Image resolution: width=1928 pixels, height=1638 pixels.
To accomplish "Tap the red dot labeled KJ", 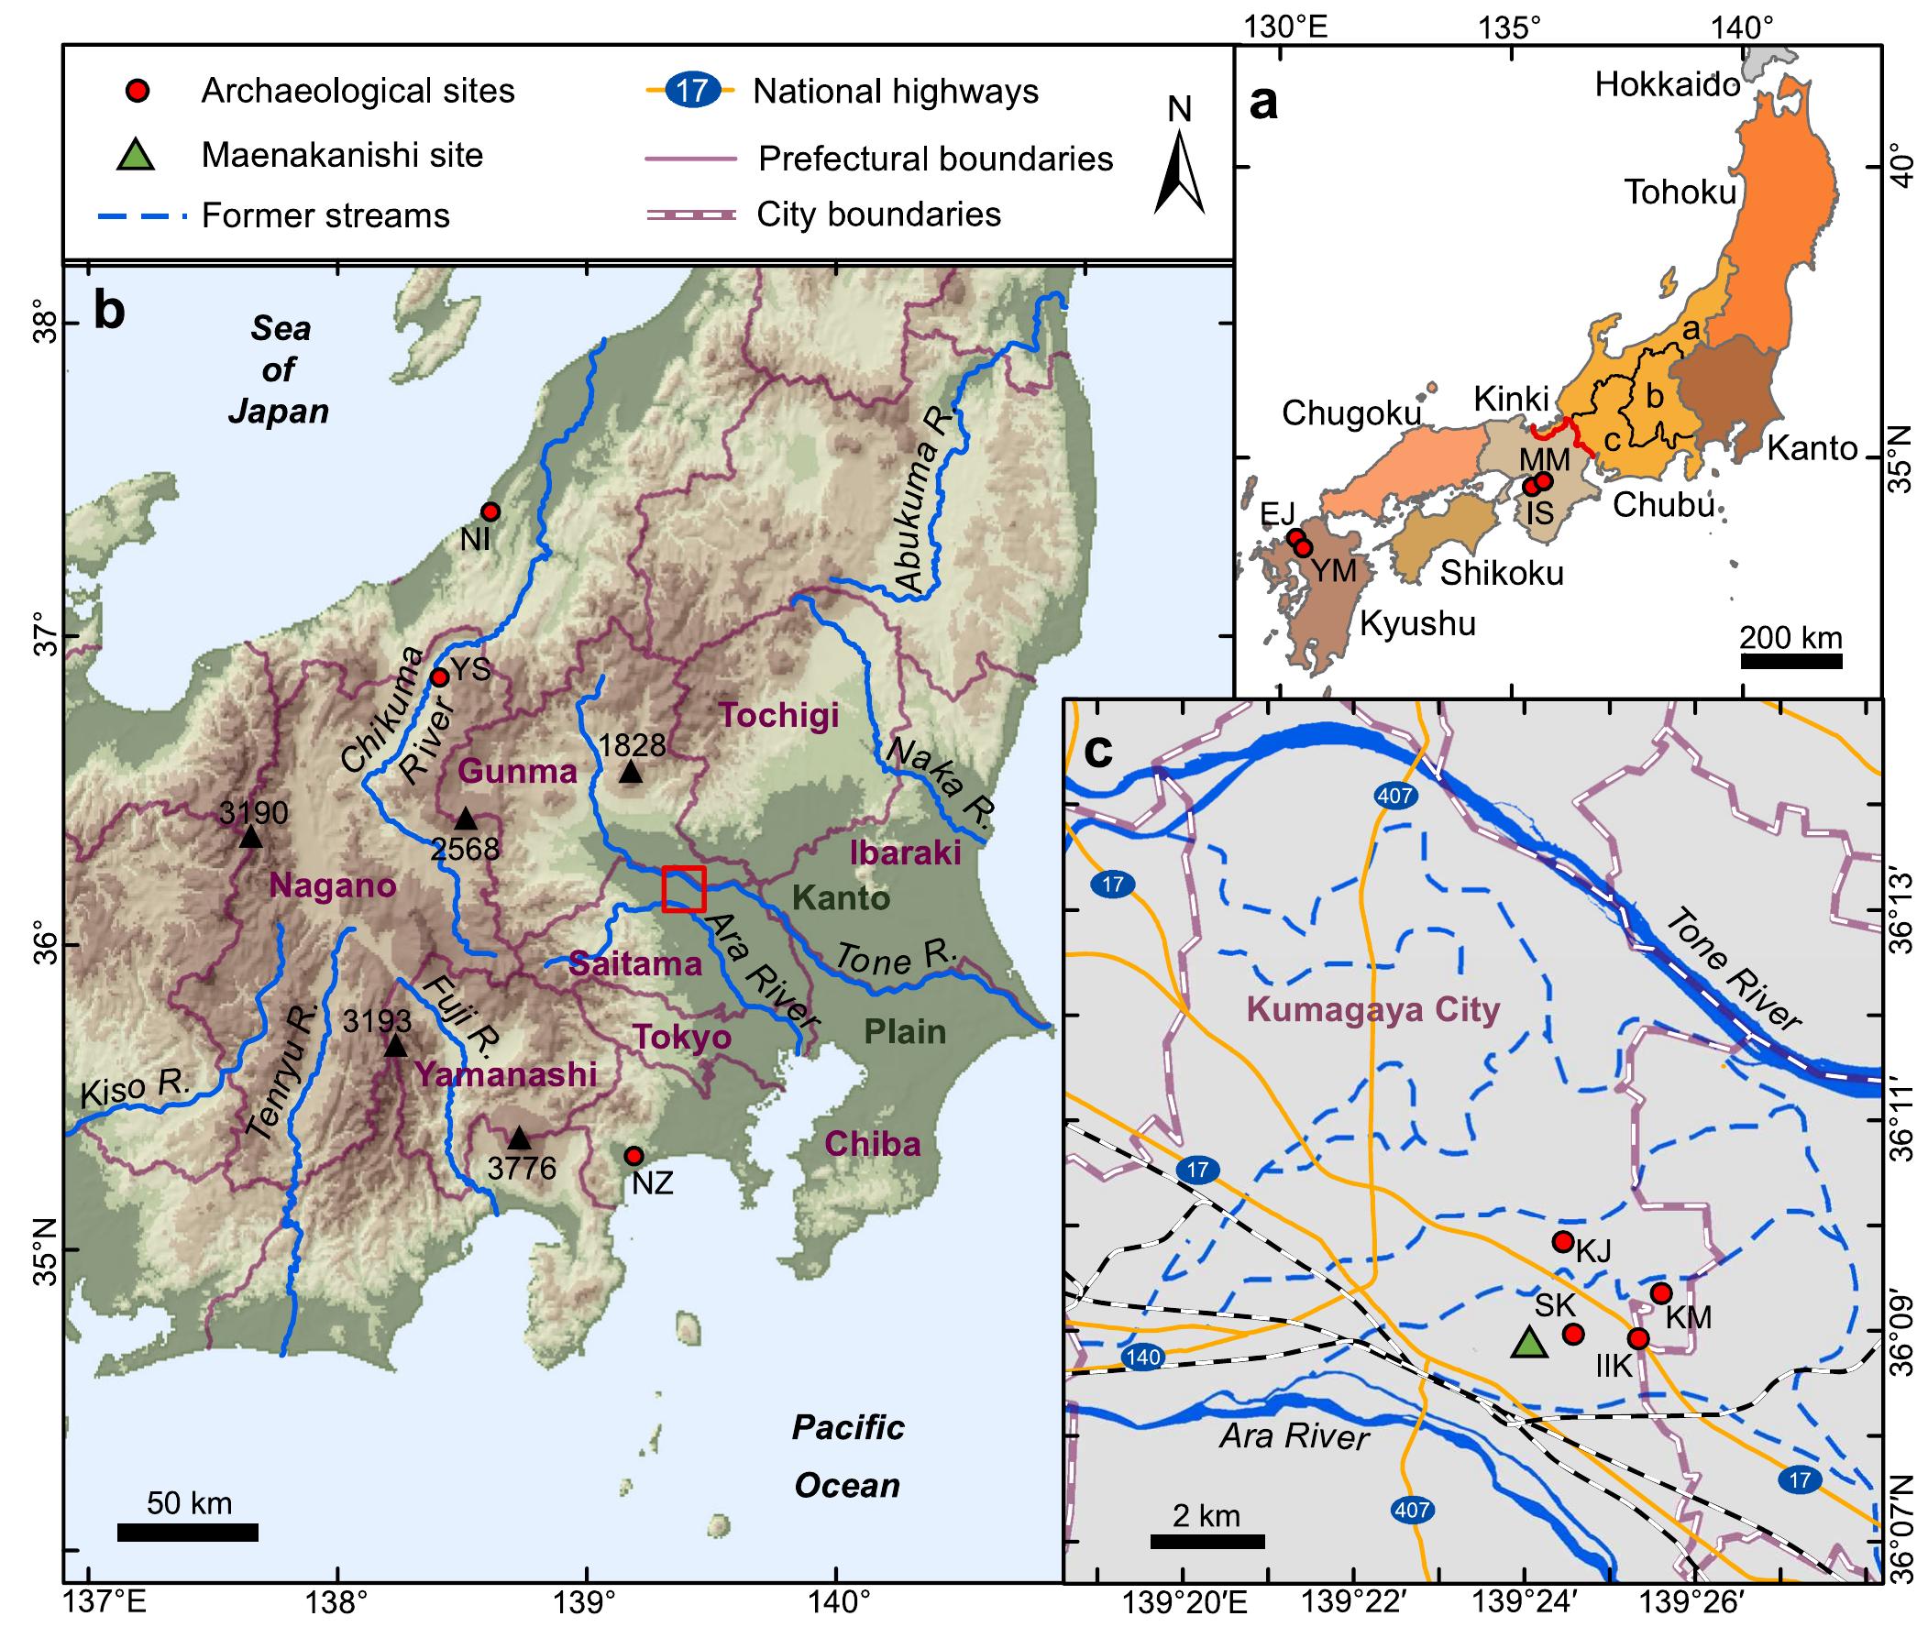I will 1562,1241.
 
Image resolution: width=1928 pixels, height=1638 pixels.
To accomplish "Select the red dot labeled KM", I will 1661,1292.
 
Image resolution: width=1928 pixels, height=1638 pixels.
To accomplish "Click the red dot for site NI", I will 490,511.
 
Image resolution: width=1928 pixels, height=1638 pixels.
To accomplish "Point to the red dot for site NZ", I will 633,1155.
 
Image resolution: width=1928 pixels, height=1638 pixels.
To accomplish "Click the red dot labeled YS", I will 439,677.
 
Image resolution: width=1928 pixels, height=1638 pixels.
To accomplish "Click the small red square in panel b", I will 685,888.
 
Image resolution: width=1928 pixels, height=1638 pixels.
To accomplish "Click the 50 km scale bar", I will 188,1534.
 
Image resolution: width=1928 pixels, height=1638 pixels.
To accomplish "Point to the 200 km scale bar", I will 1790,660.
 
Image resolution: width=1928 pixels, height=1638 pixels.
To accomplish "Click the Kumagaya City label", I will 1372,1008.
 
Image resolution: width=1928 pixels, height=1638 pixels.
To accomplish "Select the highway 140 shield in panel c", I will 1142,1357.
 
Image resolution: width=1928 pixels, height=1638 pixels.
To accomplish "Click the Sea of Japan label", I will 280,368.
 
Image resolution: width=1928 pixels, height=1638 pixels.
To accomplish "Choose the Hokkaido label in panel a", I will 1667,84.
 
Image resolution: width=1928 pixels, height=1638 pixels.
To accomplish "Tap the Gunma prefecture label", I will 517,772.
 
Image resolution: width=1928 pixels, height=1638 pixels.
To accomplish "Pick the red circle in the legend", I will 138,90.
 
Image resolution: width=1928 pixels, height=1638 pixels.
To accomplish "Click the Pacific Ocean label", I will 847,1456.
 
